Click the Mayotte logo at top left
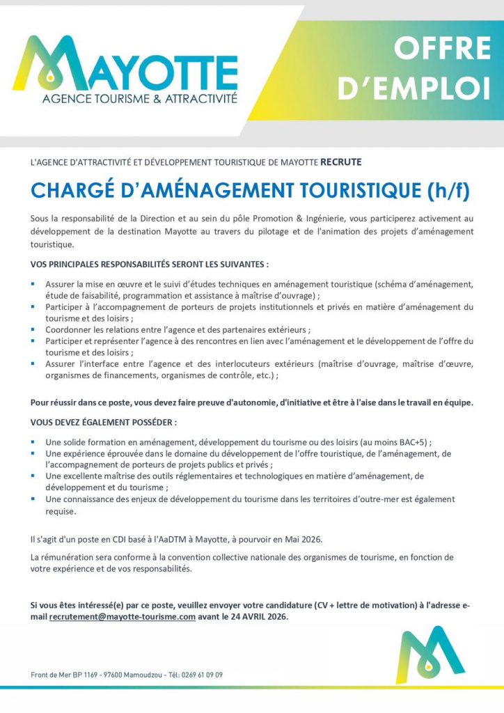pyautogui.click(x=125, y=66)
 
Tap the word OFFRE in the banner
pyautogui.click(x=442, y=49)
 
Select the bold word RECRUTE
pyautogui.click(x=341, y=162)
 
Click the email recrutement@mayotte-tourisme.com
pyautogui.click(x=122, y=617)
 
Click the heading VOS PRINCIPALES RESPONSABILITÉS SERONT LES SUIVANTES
pyautogui.click(x=150, y=265)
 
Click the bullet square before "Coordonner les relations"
pyautogui.click(x=33, y=329)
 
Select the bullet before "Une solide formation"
pyautogui.click(x=33, y=441)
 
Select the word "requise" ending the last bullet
pyautogui.click(x=60, y=510)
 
